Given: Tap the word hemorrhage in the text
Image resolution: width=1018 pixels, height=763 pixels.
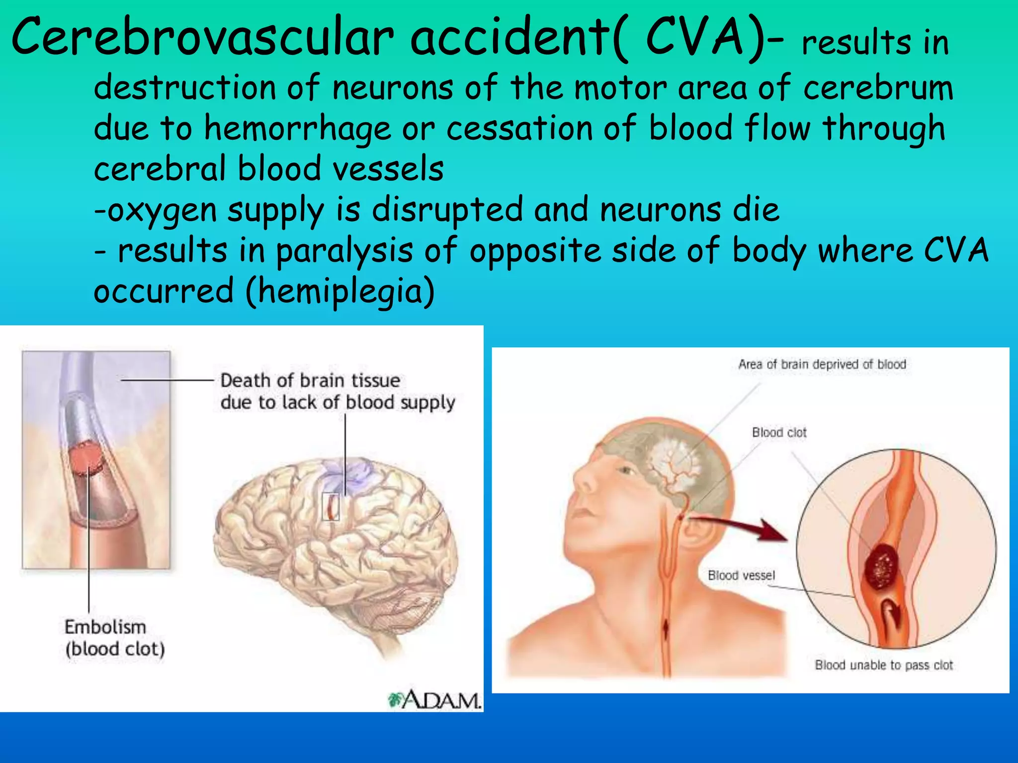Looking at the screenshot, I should [x=297, y=128].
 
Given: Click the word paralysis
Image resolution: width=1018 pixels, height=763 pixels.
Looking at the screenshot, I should [x=344, y=251].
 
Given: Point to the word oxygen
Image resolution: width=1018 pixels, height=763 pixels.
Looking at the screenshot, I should [x=162, y=210].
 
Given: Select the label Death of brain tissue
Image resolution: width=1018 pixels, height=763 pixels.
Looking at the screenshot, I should [x=310, y=381].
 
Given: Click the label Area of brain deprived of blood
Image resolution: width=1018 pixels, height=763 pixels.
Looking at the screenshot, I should [x=822, y=364].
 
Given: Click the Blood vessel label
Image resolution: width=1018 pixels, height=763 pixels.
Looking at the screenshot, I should [x=741, y=575].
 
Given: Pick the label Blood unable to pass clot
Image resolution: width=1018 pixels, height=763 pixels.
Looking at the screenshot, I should [x=884, y=665].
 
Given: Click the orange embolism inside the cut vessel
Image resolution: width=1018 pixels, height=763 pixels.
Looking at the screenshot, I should [x=85, y=458].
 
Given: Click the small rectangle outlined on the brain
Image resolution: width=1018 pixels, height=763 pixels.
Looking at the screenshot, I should [x=331, y=507].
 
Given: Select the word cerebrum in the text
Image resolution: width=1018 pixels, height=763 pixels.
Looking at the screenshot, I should [x=878, y=87].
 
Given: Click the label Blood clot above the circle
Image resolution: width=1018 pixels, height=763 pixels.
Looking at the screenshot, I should [x=779, y=432].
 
